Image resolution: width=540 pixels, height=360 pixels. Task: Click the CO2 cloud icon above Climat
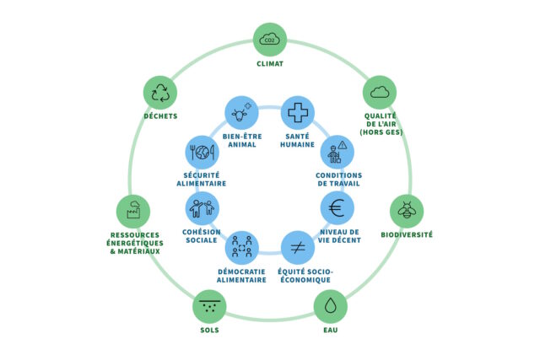click(270, 39)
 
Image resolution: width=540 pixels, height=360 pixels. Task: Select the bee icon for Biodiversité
click(407, 211)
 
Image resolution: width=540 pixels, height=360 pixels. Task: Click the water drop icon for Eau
click(330, 304)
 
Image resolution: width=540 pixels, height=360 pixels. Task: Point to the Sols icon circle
click(209, 305)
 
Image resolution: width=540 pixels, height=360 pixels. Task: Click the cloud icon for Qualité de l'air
click(380, 92)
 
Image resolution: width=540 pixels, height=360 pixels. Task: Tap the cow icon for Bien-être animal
click(241, 112)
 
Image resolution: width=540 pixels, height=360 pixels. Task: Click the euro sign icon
click(337, 207)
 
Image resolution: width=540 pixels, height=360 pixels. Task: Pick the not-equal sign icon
click(297, 248)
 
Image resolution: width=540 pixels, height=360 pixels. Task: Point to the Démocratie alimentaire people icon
click(242, 248)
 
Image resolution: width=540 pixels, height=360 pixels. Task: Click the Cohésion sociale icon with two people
click(202, 207)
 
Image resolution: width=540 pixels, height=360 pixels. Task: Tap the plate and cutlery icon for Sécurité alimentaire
click(202, 153)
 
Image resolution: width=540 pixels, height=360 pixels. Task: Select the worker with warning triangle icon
click(337, 152)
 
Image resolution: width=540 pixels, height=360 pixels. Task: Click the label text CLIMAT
click(270, 64)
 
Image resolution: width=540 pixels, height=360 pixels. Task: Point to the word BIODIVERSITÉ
click(407, 235)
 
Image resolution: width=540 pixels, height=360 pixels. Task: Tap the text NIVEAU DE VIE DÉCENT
click(341, 236)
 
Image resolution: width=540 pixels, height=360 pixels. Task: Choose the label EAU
click(330, 330)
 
